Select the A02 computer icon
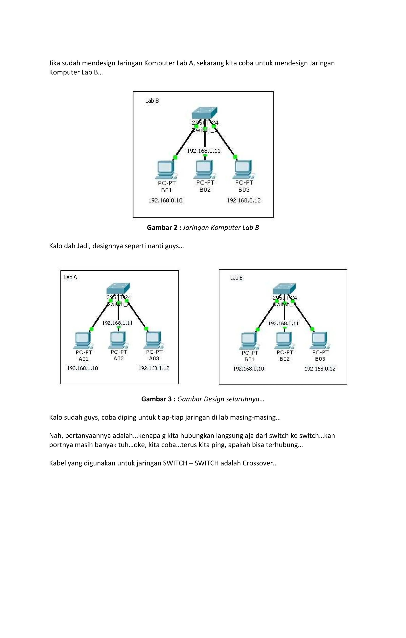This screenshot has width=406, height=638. pyautogui.click(x=118, y=340)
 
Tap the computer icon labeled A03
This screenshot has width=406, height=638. pyautogui.click(x=154, y=340)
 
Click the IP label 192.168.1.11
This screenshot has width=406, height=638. pyautogui.click(x=117, y=323)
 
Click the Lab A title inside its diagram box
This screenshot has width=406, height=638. pyautogui.click(x=71, y=277)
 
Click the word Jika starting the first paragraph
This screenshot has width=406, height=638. pyautogui.click(x=55, y=63)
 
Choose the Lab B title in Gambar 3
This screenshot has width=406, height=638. pyautogui.click(x=236, y=278)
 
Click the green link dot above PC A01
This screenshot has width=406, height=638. pyautogui.click(x=91, y=329)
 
